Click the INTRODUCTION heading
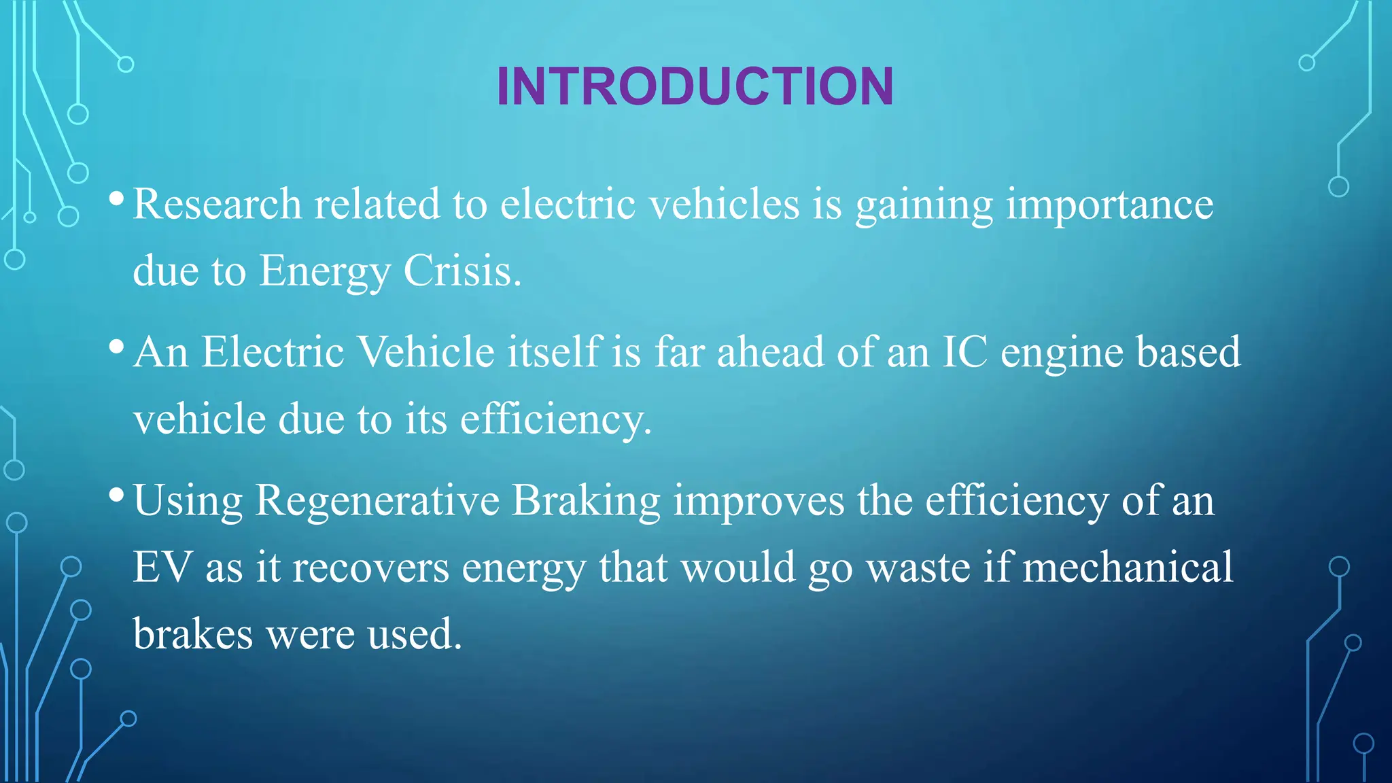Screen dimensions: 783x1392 (x=695, y=86)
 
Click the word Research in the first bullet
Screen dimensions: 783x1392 (x=217, y=204)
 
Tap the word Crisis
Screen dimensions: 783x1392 (x=462, y=271)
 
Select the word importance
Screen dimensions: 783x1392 (x=1109, y=204)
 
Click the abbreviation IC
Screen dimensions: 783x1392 (x=964, y=352)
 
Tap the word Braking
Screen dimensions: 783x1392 (x=585, y=501)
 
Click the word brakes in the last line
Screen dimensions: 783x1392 (x=193, y=633)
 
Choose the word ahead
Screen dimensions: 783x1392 (x=770, y=352)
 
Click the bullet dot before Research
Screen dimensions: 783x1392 (x=116, y=198)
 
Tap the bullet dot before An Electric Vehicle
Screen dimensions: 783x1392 (x=116, y=347)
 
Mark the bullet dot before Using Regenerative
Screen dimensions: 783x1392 (x=116, y=495)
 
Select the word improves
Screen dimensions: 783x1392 (x=759, y=501)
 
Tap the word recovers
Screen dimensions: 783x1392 (x=370, y=568)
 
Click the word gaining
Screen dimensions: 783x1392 (x=924, y=205)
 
